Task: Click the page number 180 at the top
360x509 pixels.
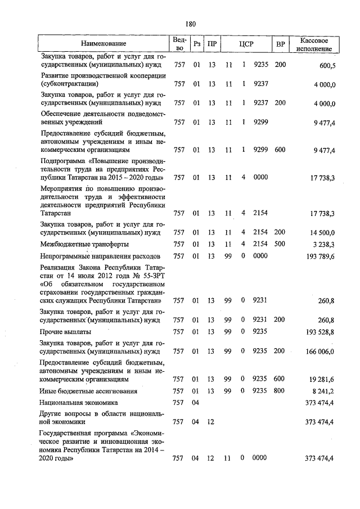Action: click(x=190, y=23)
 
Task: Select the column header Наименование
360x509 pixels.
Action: click(x=103, y=44)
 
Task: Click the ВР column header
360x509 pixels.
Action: click(x=280, y=44)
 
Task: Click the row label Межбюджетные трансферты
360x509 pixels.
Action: click(x=84, y=244)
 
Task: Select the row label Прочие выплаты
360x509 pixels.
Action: click(x=65, y=332)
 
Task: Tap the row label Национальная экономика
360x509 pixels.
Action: click(x=79, y=403)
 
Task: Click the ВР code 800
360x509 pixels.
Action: click(x=280, y=391)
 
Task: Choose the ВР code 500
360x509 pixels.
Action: click(x=280, y=244)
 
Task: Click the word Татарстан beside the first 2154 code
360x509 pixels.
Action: click(x=55, y=213)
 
